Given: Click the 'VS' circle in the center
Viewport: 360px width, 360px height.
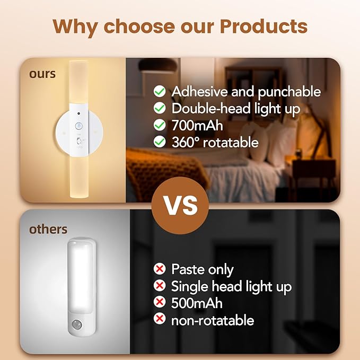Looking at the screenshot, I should point(180,204).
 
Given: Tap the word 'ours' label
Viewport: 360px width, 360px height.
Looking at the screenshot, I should point(42,74).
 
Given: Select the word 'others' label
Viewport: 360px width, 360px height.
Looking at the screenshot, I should point(48,229).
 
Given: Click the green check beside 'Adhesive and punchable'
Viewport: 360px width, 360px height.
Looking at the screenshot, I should point(159,92).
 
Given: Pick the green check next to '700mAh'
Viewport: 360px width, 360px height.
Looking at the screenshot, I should point(159,126).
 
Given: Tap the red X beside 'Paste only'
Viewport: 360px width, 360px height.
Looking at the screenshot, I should point(159,269).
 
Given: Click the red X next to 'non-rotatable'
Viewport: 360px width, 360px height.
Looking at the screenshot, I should point(159,320).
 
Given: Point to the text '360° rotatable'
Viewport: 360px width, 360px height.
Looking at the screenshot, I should point(215,142).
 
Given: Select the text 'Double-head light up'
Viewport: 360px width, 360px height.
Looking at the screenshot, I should point(236,109).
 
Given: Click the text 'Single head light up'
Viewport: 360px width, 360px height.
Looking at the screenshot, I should point(231,286).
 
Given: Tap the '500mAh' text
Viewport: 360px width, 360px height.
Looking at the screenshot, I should point(197,303).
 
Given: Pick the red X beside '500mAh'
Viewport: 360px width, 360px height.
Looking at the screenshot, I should point(159,303).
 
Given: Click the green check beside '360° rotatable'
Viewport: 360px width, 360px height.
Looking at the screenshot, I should point(159,142).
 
